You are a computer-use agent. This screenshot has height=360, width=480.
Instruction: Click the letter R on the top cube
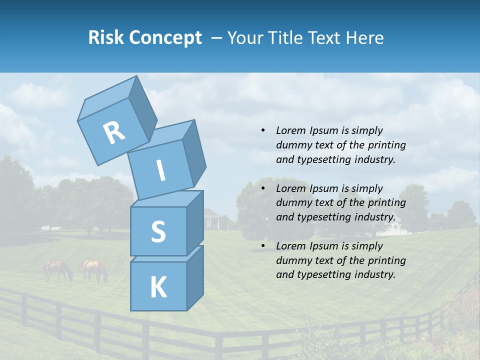pos(114,133)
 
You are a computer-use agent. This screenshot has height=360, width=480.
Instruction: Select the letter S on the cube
pos(158,231)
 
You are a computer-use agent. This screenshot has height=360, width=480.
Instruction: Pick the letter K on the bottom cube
pos(158,287)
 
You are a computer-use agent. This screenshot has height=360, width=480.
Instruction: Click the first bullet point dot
pos(263,131)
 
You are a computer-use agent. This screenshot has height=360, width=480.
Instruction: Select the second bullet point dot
pos(263,188)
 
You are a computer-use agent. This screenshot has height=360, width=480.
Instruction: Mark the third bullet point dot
pos(263,246)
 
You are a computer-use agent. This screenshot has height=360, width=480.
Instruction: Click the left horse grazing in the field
pos(57,270)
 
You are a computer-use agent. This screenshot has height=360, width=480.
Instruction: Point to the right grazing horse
pos(94,270)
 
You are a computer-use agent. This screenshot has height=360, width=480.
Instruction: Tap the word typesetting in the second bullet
pos(323,217)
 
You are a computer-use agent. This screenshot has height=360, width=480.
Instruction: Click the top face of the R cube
pos(108,99)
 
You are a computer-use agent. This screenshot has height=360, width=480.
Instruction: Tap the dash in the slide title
pos(217,38)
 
